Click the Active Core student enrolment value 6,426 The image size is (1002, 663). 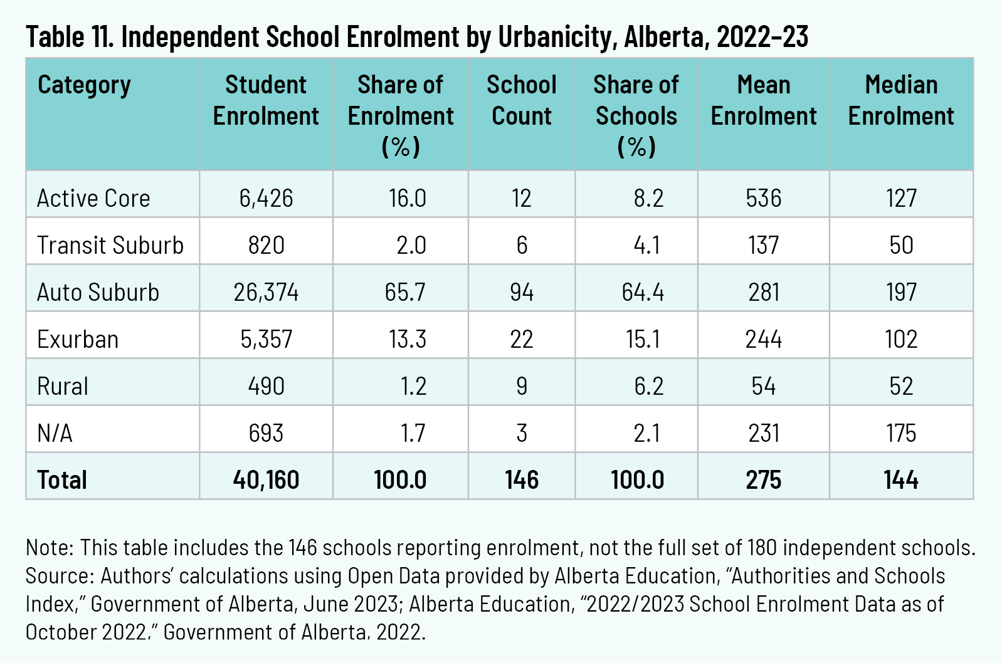point(266,198)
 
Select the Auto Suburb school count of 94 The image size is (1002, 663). point(521,292)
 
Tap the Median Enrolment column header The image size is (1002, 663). point(901,100)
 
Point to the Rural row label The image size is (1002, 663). point(63,386)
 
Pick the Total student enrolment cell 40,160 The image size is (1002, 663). point(266,480)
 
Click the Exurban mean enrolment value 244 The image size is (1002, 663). point(763,339)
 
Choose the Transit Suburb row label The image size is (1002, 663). point(110,245)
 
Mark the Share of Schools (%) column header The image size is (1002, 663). point(636,116)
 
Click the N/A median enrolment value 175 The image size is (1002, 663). point(901,433)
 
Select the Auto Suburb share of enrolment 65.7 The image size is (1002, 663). point(405,292)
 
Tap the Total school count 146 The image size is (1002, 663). point(521,480)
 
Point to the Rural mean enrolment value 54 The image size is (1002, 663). point(763,386)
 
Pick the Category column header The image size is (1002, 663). point(84,85)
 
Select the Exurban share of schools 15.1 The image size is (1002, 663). point(643,339)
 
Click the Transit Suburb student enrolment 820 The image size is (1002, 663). point(266,245)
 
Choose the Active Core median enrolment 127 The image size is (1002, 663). point(901,198)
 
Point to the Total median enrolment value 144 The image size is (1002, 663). point(901,480)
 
